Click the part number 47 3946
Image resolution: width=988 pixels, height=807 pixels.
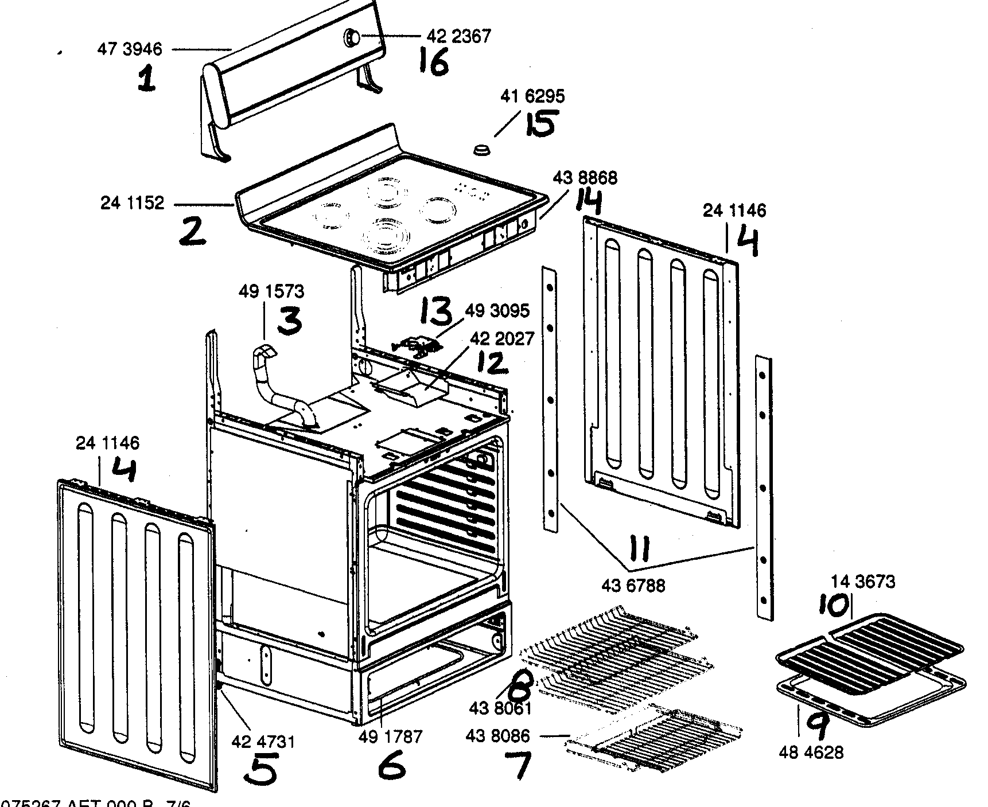130,49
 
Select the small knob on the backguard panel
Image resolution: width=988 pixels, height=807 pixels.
351,38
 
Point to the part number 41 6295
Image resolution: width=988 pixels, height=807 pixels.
532,96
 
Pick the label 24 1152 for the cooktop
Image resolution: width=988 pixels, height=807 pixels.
133,203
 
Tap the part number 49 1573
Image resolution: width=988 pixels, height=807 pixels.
271,291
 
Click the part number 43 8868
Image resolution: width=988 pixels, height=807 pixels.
585,178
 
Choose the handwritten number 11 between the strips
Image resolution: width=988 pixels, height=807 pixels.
639,549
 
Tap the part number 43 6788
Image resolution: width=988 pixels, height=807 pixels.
633,586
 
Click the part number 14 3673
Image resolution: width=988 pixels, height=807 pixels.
863,582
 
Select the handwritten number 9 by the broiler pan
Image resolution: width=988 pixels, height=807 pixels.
817,727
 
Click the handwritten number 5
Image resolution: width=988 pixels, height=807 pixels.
262,769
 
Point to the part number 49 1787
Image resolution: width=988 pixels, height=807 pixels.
391,736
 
